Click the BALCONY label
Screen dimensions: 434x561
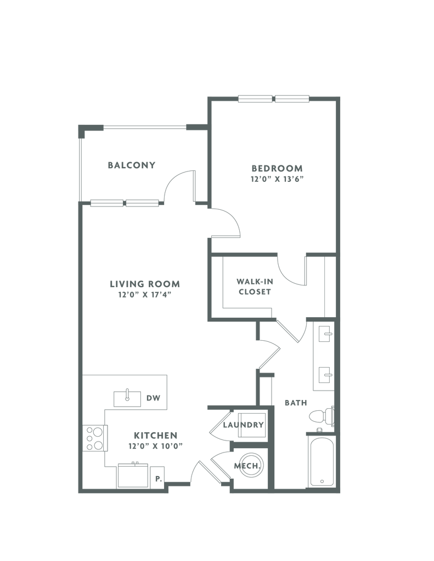pyautogui.click(x=132, y=165)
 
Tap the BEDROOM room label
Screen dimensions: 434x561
pyautogui.click(x=277, y=168)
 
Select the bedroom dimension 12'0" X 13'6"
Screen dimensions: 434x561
pyautogui.click(x=277, y=179)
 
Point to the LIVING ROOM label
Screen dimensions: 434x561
pyautogui.click(x=145, y=284)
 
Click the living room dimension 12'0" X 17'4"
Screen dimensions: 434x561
pyautogui.click(x=145, y=295)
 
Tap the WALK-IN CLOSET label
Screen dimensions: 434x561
pyautogui.click(x=255, y=287)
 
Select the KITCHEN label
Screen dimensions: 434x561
pyautogui.click(x=155, y=436)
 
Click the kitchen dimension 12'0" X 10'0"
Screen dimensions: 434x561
pyautogui.click(x=155, y=446)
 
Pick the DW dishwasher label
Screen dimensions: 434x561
pyautogui.click(x=153, y=398)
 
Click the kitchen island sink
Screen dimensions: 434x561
pyautogui.click(x=127, y=399)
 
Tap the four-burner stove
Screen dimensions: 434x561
pyautogui.click(x=94, y=438)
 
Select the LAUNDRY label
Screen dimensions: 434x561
pyautogui.click(x=244, y=425)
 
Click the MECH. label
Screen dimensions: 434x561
pyautogui.click(x=247, y=466)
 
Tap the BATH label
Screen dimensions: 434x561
pyautogui.click(x=296, y=403)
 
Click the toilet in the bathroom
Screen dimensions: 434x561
pyautogui.click(x=322, y=416)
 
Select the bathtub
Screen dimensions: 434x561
pyautogui.click(x=322, y=462)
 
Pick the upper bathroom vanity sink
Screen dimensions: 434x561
pyautogui.click(x=325, y=334)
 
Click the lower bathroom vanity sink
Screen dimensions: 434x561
pyautogui.click(x=325, y=375)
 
